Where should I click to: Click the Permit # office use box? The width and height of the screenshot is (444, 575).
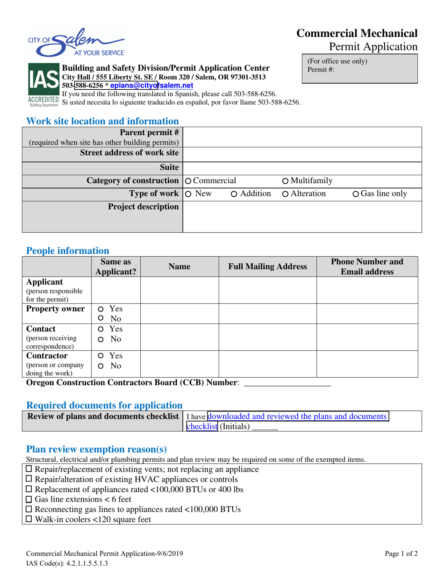click(x=360, y=68)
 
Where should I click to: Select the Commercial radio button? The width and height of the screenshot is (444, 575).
click(x=189, y=181)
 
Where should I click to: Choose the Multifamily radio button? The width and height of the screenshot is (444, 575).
click(x=286, y=181)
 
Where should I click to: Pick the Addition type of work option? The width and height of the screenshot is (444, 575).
click(x=234, y=194)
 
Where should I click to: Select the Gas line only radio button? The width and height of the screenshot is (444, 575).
click(x=356, y=194)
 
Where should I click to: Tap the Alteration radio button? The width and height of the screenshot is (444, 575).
click(x=286, y=194)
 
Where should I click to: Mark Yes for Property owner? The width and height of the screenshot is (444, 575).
click(x=100, y=309)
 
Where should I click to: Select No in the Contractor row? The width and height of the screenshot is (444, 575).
click(x=100, y=366)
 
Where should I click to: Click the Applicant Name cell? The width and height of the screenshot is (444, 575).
click(x=179, y=290)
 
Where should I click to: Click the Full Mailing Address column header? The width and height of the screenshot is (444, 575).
click(x=267, y=266)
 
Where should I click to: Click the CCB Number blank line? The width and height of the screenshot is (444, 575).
click(x=287, y=383)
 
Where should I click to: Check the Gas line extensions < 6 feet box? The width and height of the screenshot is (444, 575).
click(x=29, y=500)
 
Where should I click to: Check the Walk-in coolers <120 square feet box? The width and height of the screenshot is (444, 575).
click(x=29, y=519)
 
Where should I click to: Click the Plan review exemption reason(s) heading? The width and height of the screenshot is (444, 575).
click(x=96, y=449)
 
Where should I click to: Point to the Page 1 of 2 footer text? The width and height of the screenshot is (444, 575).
click(x=401, y=554)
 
